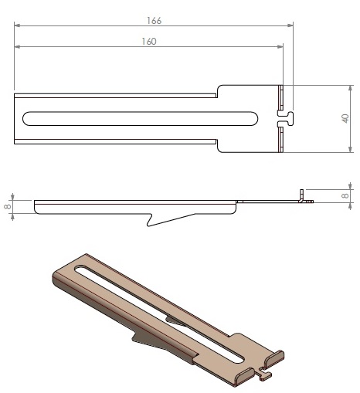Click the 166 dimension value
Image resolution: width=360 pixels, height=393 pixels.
coord(154,21)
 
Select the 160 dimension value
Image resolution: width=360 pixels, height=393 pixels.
coord(149,42)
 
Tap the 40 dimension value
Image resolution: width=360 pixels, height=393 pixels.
coord(345,118)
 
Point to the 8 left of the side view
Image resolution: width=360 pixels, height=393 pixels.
coord(8,206)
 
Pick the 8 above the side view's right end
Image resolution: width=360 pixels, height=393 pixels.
coord(345,195)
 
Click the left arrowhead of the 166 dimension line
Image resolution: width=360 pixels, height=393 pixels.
coord(17,25)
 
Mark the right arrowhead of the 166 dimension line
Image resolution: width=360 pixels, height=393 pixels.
coord(290,25)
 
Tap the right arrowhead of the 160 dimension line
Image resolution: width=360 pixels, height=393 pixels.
coord(280,46)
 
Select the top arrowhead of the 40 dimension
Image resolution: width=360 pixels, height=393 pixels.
coord(350,88)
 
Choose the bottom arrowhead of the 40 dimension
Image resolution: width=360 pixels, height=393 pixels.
coord(350,149)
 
